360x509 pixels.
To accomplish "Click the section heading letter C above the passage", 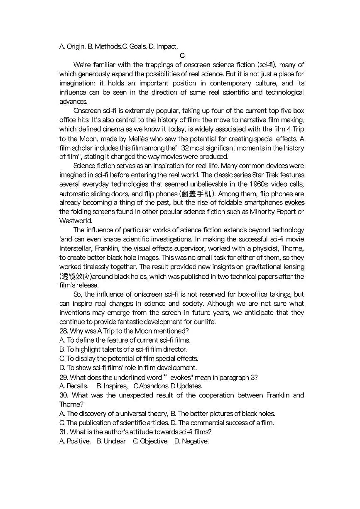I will pos(182,56).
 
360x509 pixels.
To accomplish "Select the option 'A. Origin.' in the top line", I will pos(72,46).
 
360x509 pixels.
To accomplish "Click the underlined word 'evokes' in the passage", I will pos(294,203).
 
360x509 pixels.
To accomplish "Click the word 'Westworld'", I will pos(76,221).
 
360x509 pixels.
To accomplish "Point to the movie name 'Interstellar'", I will pos(76,248).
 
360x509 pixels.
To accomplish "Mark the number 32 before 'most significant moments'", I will pos(186,148).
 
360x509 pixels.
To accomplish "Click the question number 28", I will pos(64,331).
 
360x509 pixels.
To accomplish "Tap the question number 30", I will pos(64,395).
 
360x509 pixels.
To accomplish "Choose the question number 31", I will pos(63,432).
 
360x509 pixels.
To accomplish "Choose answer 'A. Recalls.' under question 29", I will pos(73,386).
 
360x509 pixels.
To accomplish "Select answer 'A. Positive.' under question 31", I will pos(75,441).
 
